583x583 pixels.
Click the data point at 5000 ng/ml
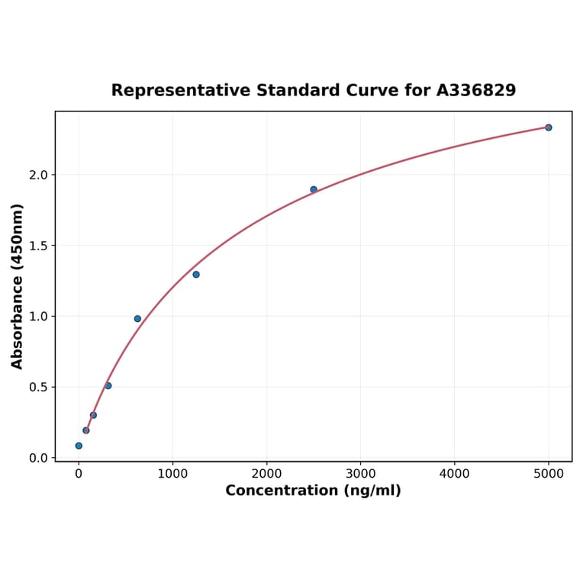[x=549, y=127]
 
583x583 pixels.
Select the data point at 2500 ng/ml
[x=314, y=189]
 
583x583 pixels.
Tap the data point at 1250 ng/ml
[x=196, y=275]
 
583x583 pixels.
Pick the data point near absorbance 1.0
[x=137, y=319]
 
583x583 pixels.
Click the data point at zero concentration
[x=79, y=446]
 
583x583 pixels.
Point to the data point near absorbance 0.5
[x=108, y=385]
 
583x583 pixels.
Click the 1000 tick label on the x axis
[x=172, y=473]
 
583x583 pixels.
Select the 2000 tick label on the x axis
[x=266, y=473]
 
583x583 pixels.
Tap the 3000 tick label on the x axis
[x=360, y=473]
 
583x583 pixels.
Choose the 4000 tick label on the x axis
[x=455, y=473]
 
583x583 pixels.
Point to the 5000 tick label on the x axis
[x=549, y=473]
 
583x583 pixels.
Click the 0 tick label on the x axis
[x=79, y=473]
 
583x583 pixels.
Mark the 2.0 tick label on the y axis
[x=38, y=175]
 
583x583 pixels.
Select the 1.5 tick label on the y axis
[x=38, y=246]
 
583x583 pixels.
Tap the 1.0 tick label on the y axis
[x=38, y=316]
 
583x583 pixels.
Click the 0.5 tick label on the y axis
[x=38, y=387]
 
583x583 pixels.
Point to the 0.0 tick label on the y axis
[x=38, y=458]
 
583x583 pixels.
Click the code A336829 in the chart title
[x=476, y=90]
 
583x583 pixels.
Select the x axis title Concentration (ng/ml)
[x=313, y=491]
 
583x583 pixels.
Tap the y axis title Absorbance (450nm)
[x=18, y=286]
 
